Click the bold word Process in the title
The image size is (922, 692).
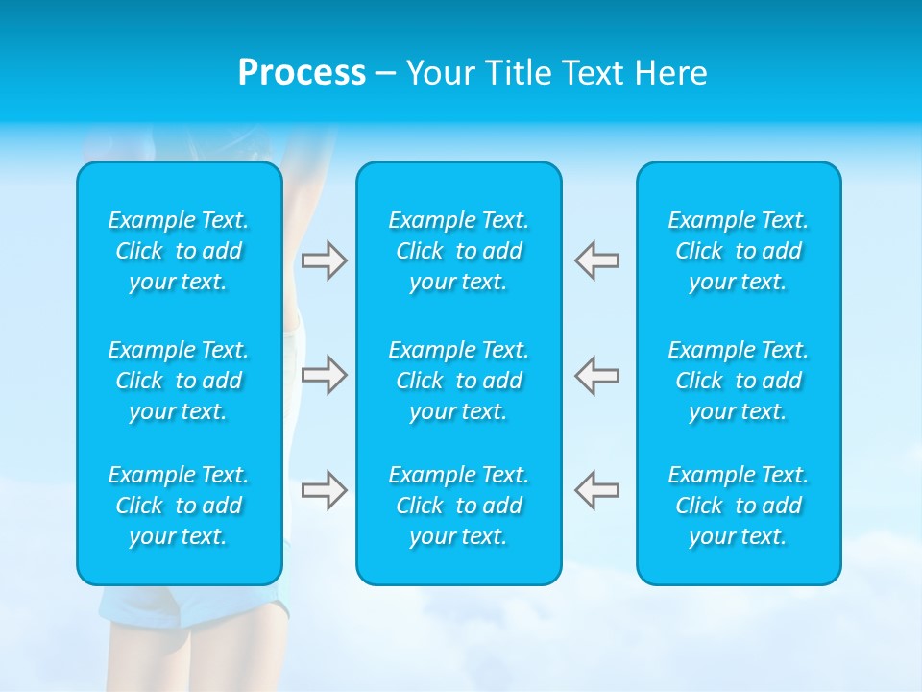pos(302,73)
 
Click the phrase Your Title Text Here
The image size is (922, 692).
pos(557,73)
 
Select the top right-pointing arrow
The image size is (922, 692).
pos(324,260)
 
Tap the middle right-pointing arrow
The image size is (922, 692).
pos(324,375)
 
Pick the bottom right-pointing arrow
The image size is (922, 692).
pos(324,490)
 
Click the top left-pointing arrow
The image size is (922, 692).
pos(596,260)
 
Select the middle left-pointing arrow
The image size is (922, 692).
pos(596,375)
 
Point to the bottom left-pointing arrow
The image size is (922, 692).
pos(596,490)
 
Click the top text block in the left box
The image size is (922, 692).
pos(179,251)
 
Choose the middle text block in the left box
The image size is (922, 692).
pos(179,381)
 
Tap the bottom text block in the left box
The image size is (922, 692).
pos(179,506)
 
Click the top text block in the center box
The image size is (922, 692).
pos(458,251)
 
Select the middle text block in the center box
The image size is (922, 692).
pos(458,381)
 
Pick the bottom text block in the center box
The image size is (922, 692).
pos(458,506)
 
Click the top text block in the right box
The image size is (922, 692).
pos(738,251)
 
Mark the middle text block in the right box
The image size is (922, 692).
pos(738,381)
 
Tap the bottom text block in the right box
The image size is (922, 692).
pos(738,506)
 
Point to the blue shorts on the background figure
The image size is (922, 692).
pos(192,605)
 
